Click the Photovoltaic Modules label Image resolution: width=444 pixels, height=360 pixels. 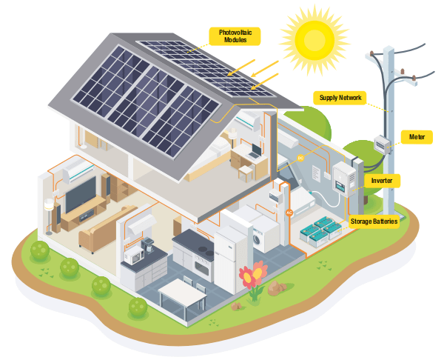(x=236, y=36)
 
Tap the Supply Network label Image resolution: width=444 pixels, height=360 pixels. (x=339, y=97)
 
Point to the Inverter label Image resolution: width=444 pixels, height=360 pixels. (x=383, y=180)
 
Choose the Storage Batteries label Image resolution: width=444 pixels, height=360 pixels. (x=374, y=221)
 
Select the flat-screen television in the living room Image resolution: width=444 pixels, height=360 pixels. (x=80, y=194)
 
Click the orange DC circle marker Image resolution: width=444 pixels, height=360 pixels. (x=300, y=158)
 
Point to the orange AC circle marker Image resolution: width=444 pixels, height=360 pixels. (x=289, y=213)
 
